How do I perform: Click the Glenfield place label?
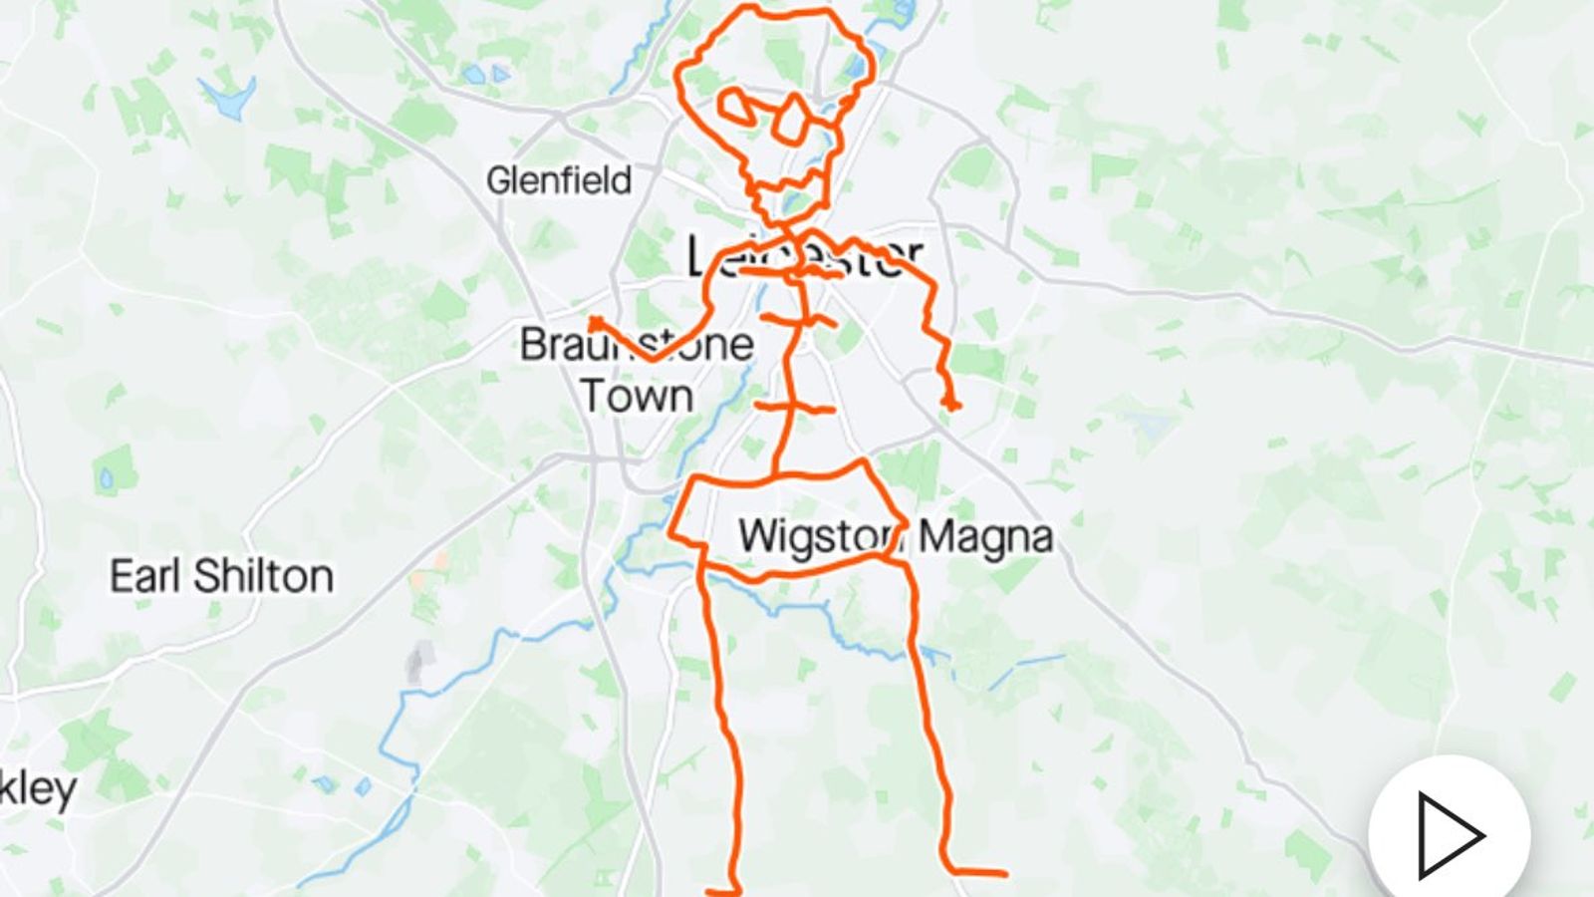(558, 180)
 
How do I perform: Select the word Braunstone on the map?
(636, 345)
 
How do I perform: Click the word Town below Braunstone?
(637, 397)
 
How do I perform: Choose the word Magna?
(984, 536)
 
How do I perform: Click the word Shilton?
(263, 576)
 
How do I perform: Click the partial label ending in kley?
(38, 789)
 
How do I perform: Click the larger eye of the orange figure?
(794, 118)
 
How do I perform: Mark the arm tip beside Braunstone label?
(596, 323)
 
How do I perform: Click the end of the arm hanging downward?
(950, 404)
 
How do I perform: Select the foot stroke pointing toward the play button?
(976, 873)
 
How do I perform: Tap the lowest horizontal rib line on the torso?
(794, 407)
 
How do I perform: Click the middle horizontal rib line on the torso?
(798, 320)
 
